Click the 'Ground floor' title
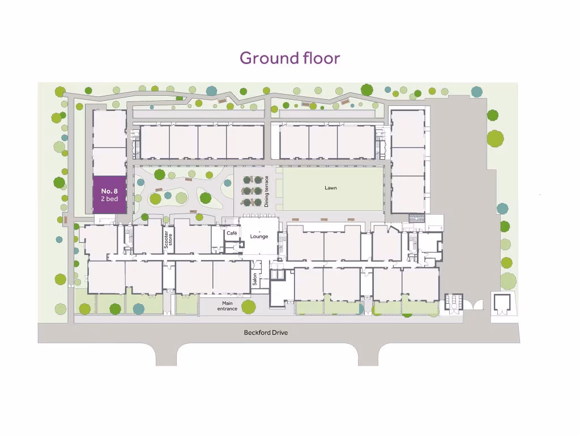click(x=289, y=58)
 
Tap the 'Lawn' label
click(x=331, y=187)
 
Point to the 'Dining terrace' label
click(x=267, y=191)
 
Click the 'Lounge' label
click(x=259, y=237)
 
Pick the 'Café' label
click(x=231, y=233)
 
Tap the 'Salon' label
click(x=255, y=279)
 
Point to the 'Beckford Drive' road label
click(x=266, y=332)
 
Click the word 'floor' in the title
click(x=320, y=58)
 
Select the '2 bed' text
click(x=109, y=199)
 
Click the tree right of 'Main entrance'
click(x=248, y=307)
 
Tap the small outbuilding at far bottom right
click(x=501, y=305)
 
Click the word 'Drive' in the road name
click(x=279, y=332)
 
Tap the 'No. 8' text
click(x=109, y=191)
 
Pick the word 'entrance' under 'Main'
click(x=228, y=309)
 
